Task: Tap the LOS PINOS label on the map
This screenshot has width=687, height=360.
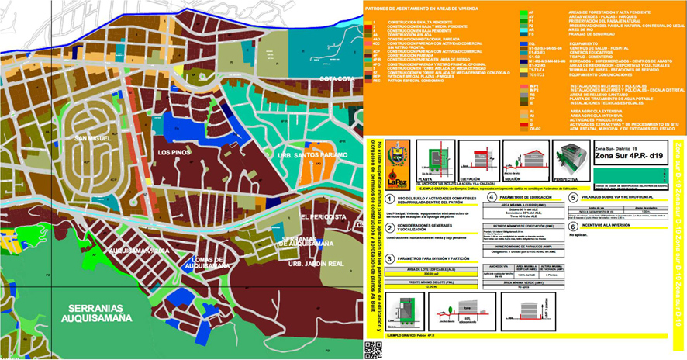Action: (x=174, y=153)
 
